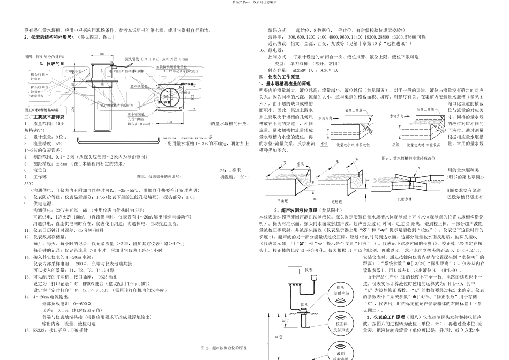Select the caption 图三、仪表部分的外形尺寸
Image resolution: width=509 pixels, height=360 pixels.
160,176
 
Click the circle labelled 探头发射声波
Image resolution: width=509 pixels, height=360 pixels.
343,291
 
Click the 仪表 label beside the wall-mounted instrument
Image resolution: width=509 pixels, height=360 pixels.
323,271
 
